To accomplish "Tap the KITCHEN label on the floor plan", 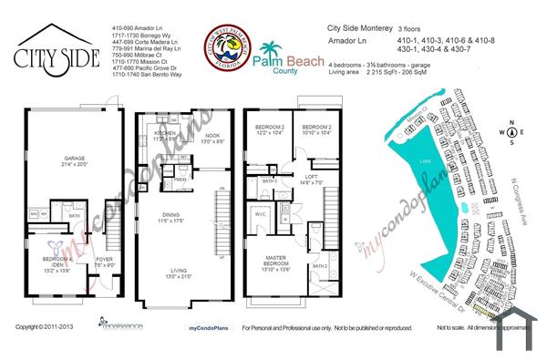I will pyautogui.click(x=164, y=133).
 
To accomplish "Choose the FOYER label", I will pyautogui.click(x=104, y=257).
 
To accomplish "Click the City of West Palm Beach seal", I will pyautogui.click(x=224, y=45).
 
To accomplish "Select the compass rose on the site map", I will pyautogui.click(x=511, y=132).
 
